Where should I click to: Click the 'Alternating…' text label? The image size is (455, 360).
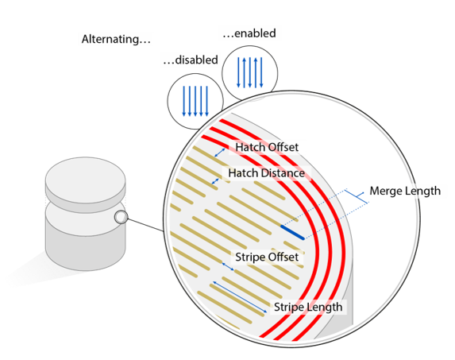116,39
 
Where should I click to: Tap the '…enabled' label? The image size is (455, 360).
249,33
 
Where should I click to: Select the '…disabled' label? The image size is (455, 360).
191,60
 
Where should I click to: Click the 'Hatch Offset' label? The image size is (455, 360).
267,147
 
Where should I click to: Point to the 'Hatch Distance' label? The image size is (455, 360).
266,173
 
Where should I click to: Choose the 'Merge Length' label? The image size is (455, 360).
405,191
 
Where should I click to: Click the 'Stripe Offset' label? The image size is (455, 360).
267,257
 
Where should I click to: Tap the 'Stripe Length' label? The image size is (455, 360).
308,308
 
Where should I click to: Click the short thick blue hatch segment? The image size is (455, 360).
292,232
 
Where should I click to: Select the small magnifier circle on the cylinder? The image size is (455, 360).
121,217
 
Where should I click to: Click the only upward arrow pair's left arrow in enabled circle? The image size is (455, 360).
244,72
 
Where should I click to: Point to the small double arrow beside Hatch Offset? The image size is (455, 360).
220,153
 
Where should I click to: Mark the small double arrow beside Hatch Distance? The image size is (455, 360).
215,181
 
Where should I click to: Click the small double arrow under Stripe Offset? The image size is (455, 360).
228,266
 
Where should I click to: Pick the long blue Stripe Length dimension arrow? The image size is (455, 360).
241,297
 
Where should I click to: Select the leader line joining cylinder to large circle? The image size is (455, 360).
145,225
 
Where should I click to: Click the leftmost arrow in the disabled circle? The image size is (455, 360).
183,101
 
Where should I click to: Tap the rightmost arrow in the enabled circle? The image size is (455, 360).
261,72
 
